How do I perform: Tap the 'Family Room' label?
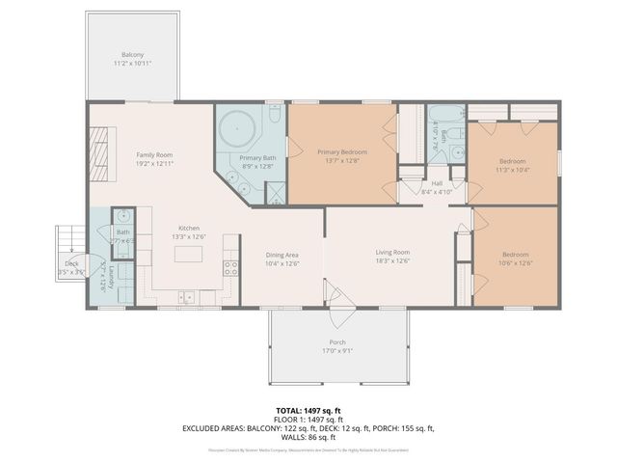[x=154, y=154]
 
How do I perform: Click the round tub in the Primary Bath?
[x=236, y=128]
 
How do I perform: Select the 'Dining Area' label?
[x=282, y=255]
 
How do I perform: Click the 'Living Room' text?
[x=392, y=253]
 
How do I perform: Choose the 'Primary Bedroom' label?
[x=343, y=152]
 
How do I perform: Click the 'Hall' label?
[x=437, y=183]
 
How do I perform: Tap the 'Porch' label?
[x=337, y=342]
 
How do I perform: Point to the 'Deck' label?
[x=71, y=263]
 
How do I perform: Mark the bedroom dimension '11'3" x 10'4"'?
[x=512, y=170]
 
